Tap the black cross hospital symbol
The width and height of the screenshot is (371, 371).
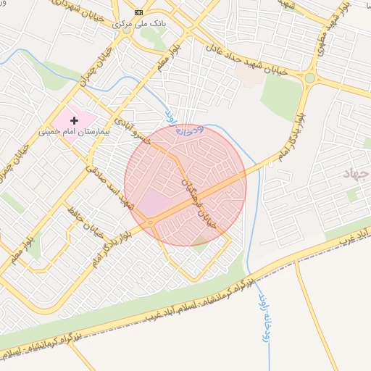pyautogui.click(x=75, y=120)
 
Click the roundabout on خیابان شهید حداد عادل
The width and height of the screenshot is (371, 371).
pyautogui.click(x=310, y=78)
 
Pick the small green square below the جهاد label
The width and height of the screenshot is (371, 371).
pyautogui.click(x=352, y=195)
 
